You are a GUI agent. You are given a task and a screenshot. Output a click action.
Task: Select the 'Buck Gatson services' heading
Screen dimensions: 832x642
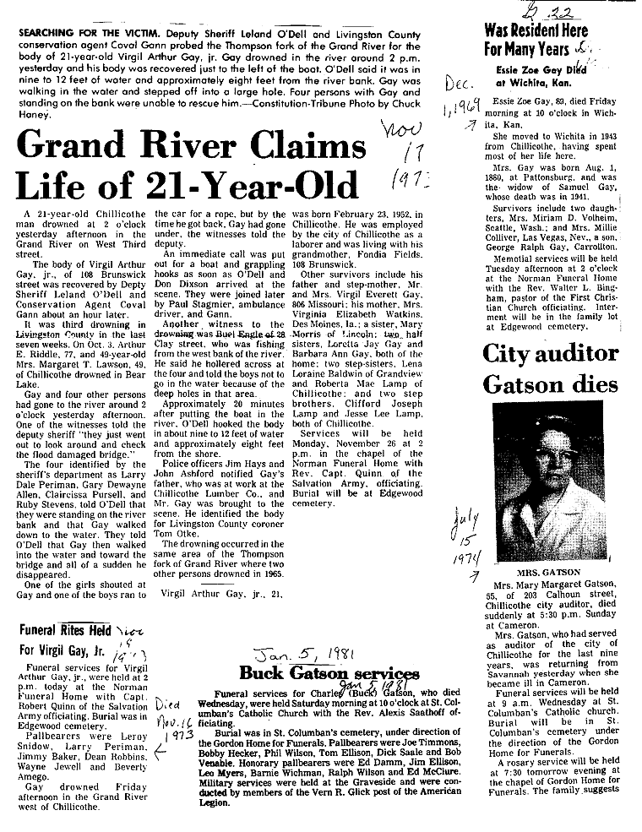click(x=329, y=673)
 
